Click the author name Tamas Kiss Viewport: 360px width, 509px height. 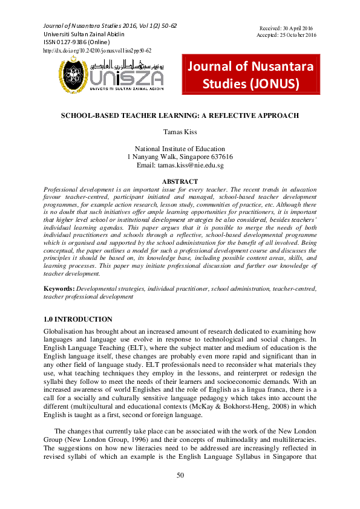point(180,131)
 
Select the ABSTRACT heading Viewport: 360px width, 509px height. point(180,181)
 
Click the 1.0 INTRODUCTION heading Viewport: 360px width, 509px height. point(78,319)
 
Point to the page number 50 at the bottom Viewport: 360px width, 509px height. point(180,475)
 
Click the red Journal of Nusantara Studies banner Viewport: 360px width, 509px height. point(250,75)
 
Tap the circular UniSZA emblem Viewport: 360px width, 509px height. point(74,78)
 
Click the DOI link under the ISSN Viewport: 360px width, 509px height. point(97,51)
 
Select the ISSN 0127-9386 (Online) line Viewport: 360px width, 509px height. point(77,42)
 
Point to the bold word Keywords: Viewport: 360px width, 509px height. point(60,290)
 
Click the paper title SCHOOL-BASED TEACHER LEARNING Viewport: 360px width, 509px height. point(180,115)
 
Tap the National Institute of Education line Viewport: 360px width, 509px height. point(180,149)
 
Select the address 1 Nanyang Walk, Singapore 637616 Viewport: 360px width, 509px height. point(180,157)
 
